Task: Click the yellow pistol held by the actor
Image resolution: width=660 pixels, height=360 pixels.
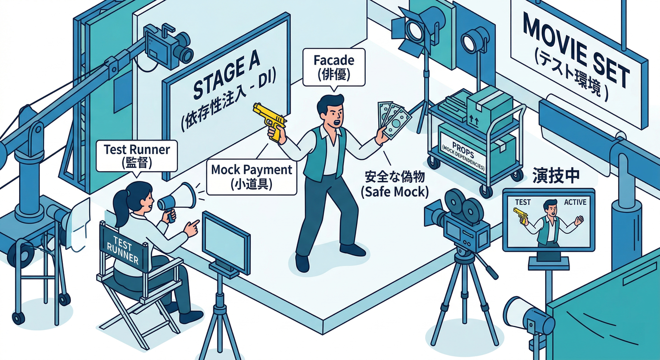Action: coord(270,120)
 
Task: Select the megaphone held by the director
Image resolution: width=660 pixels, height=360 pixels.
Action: coord(177,198)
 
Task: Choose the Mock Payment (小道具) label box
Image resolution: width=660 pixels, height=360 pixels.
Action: coord(252,177)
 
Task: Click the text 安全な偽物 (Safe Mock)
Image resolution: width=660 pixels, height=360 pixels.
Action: coord(395,184)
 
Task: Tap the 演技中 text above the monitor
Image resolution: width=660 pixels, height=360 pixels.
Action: coord(555,176)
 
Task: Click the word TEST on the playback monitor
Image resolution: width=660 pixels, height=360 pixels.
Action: coord(523,202)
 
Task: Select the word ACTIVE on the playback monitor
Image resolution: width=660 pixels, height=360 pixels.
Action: coord(575,202)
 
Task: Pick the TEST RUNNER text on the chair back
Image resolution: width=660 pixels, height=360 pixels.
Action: coord(123,250)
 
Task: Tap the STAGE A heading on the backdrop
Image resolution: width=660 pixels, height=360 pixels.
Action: coord(227,76)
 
